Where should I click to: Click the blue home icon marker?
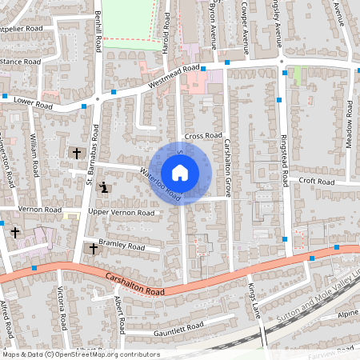180,172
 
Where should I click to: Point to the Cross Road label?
202,136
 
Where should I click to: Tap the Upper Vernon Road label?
121,213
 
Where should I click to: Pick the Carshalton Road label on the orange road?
134,285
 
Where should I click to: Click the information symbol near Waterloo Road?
105,188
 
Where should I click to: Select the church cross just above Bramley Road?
93,249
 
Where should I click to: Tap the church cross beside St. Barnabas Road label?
77,152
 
